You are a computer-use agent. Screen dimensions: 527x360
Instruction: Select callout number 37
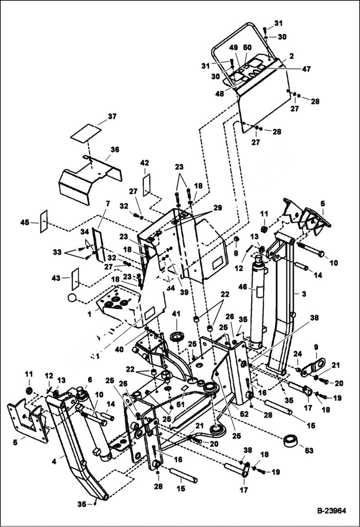(112, 117)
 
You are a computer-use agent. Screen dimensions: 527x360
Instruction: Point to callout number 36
(114, 150)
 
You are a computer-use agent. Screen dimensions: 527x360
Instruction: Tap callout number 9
(316, 347)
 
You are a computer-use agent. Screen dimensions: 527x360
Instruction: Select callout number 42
(144, 163)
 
